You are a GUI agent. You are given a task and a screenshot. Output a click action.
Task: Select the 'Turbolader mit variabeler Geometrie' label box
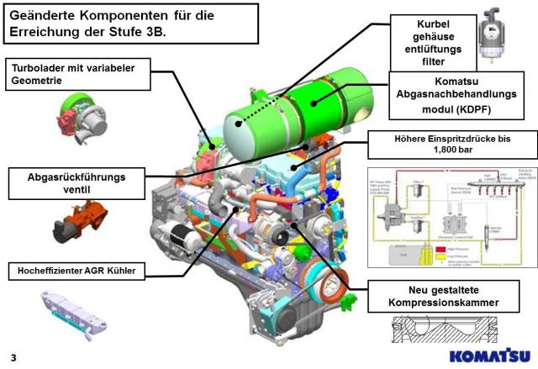click(x=80, y=74)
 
